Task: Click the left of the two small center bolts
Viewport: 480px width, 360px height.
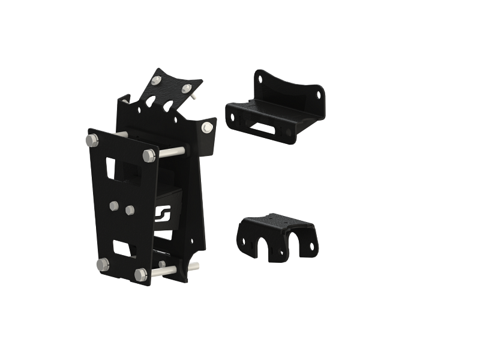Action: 114,205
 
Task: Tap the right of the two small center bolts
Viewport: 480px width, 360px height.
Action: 129,209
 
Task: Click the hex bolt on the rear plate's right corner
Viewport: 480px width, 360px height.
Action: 208,127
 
